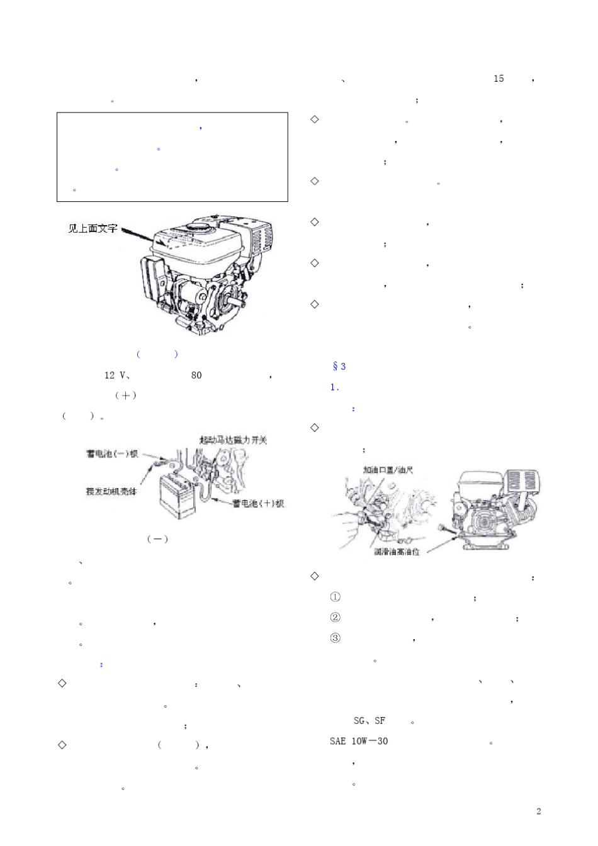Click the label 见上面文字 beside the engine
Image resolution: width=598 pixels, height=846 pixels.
93,229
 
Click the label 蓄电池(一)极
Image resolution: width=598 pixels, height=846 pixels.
112,454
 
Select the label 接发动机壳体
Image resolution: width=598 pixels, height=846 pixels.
111,491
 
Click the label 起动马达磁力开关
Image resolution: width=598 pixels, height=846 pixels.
233,440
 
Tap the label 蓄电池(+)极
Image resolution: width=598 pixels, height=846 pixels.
258,503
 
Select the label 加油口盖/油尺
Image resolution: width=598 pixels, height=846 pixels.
388,470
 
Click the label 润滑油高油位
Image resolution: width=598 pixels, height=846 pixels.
397,552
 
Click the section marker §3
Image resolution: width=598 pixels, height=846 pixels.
339,366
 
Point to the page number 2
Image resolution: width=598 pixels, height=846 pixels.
538,811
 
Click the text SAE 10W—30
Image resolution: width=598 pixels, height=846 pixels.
359,741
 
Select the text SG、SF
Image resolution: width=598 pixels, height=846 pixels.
369,721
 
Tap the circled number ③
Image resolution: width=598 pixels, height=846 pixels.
335,638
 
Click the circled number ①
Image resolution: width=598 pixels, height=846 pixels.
335,597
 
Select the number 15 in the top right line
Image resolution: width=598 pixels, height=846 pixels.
499,79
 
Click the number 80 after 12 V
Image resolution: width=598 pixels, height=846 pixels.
196,376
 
